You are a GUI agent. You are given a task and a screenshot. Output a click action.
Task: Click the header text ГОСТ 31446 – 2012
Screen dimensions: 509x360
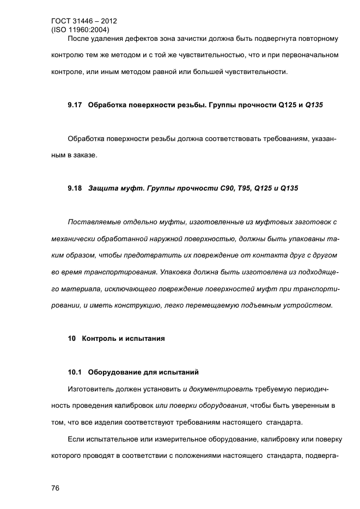[83, 21]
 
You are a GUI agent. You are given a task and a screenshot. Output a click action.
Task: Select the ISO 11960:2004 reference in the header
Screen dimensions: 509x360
[80, 30]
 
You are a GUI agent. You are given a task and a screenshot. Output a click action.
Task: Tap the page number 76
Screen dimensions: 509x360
[55, 488]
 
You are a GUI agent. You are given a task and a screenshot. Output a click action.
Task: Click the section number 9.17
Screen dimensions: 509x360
[75, 105]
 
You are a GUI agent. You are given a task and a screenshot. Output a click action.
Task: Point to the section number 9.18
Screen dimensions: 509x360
[75, 188]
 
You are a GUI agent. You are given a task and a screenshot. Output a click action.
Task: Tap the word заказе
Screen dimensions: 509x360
[86, 155]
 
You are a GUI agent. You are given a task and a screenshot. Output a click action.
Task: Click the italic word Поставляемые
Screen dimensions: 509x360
[94, 222]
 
